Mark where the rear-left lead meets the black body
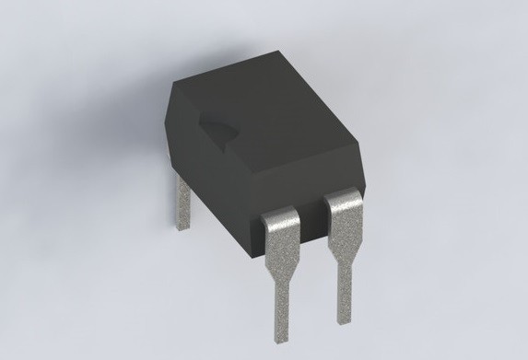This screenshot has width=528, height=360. click(182, 179)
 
